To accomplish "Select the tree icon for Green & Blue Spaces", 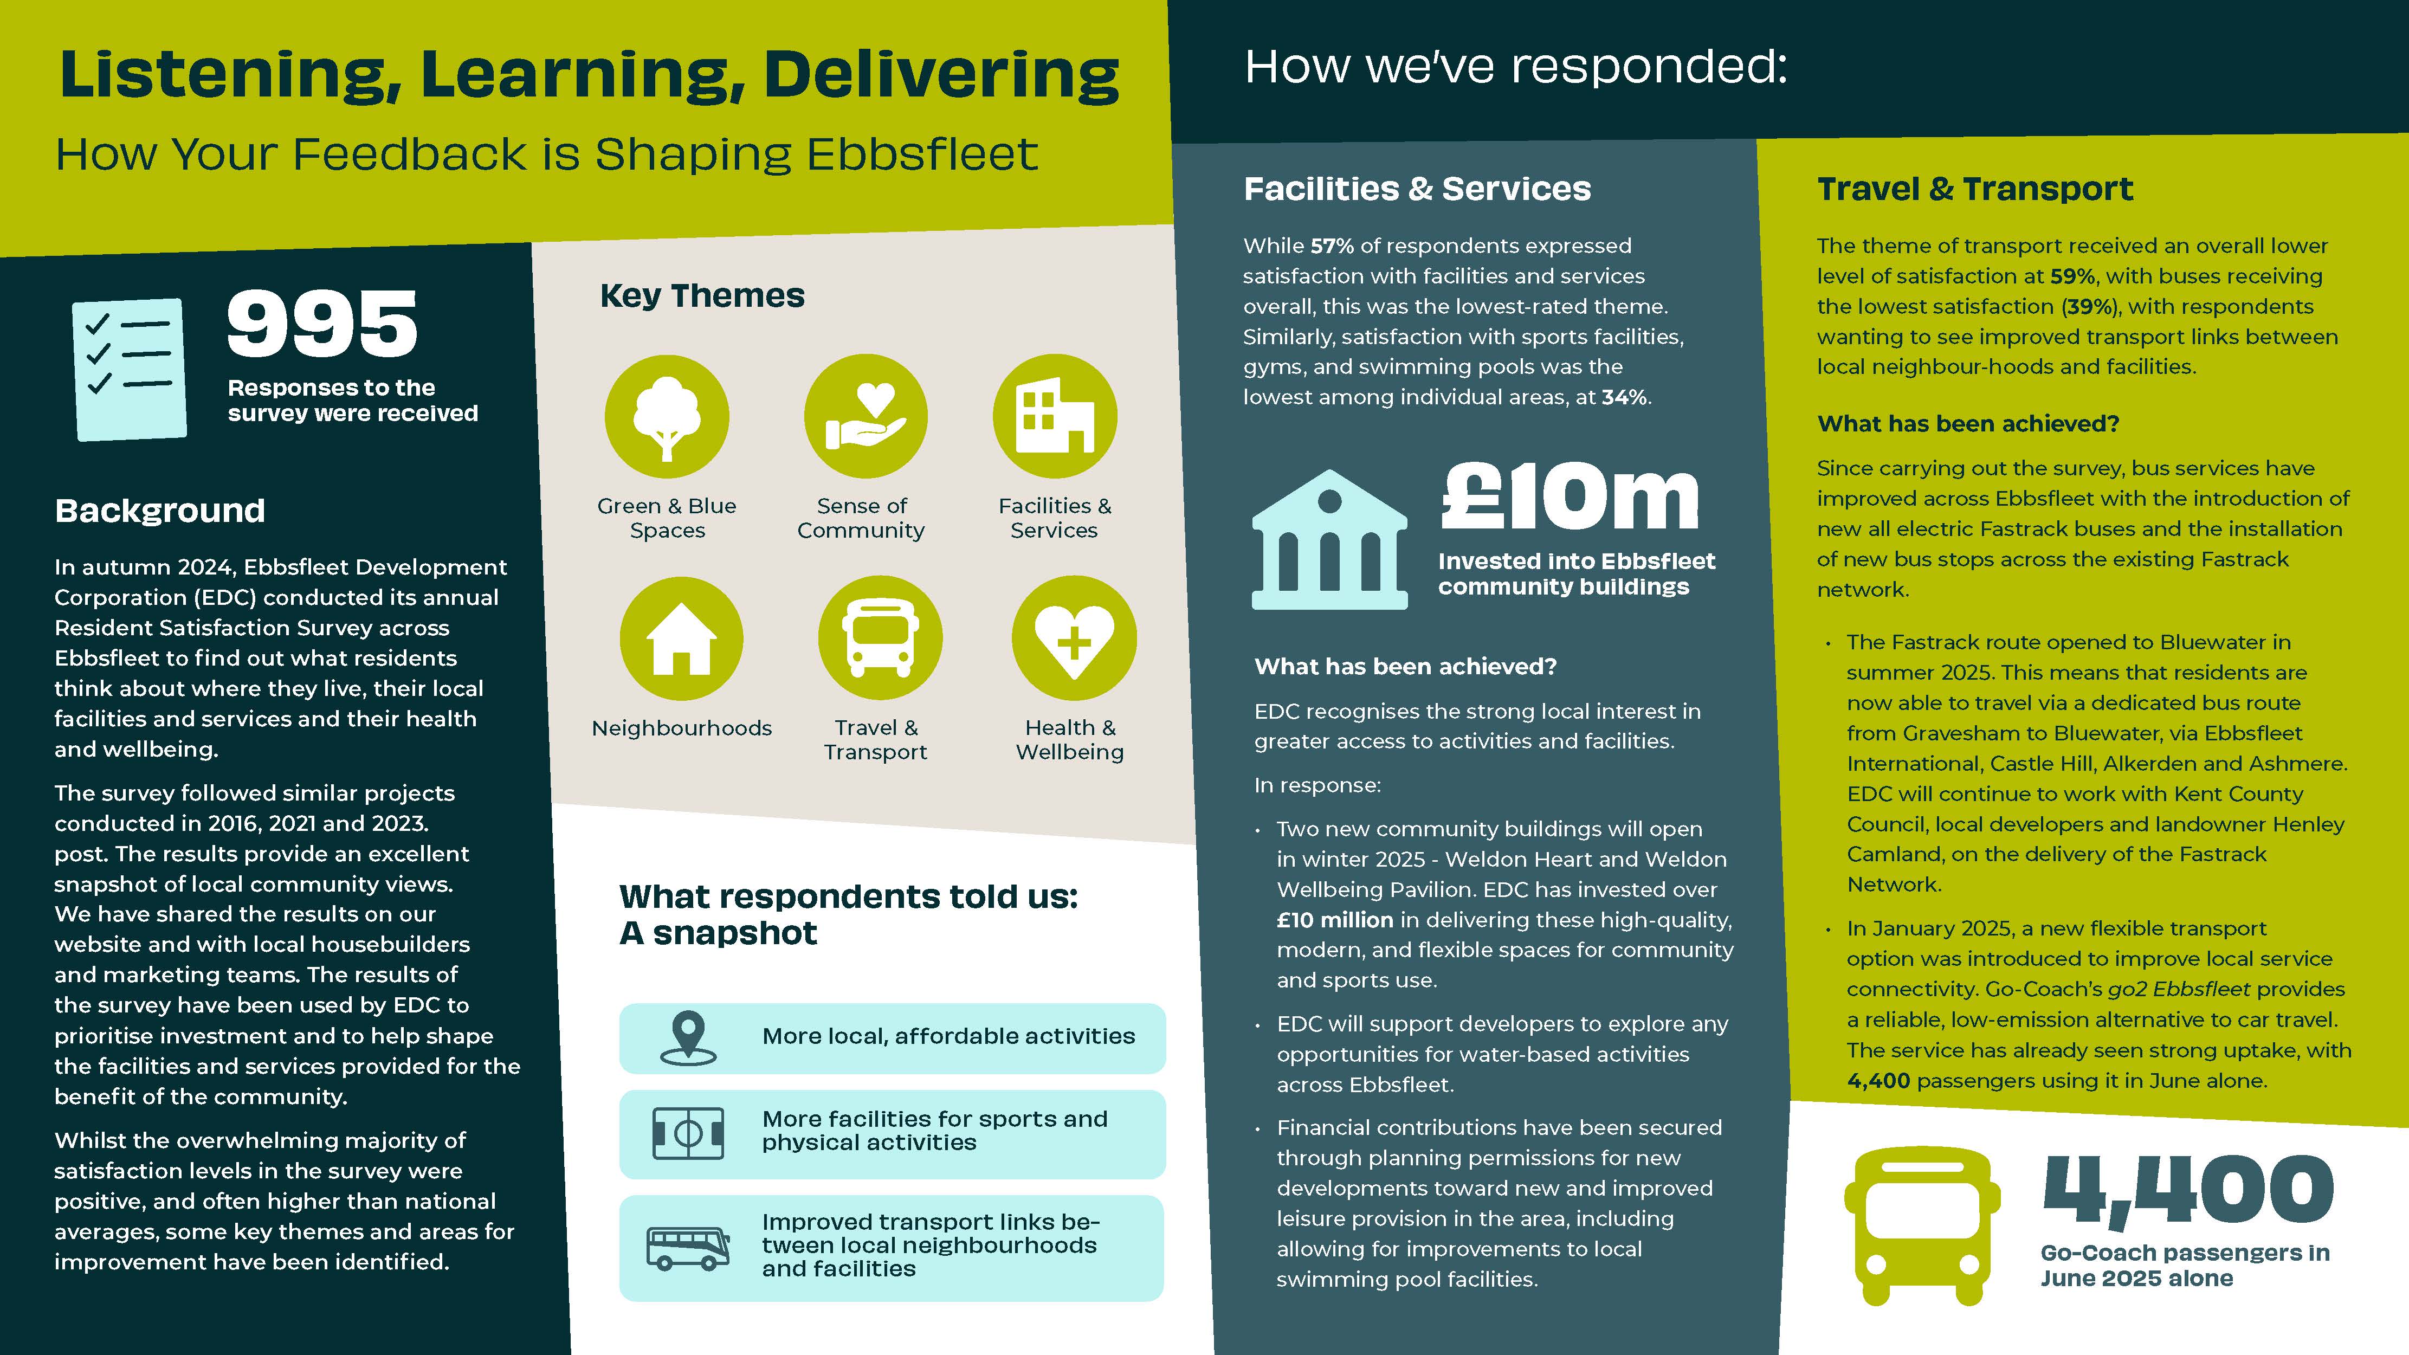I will click(x=667, y=417).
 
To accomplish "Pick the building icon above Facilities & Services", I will click(x=1055, y=417).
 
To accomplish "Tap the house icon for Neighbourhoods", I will click(x=682, y=638).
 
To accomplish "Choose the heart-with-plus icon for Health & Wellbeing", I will click(x=1074, y=638).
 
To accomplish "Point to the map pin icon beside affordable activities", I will click(x=688, y=1038).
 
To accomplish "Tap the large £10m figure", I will click(x=1570, y=498).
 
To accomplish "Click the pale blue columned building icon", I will click(x=1329, y=543).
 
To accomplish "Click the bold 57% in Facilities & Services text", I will click(x=1332, y=246).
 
